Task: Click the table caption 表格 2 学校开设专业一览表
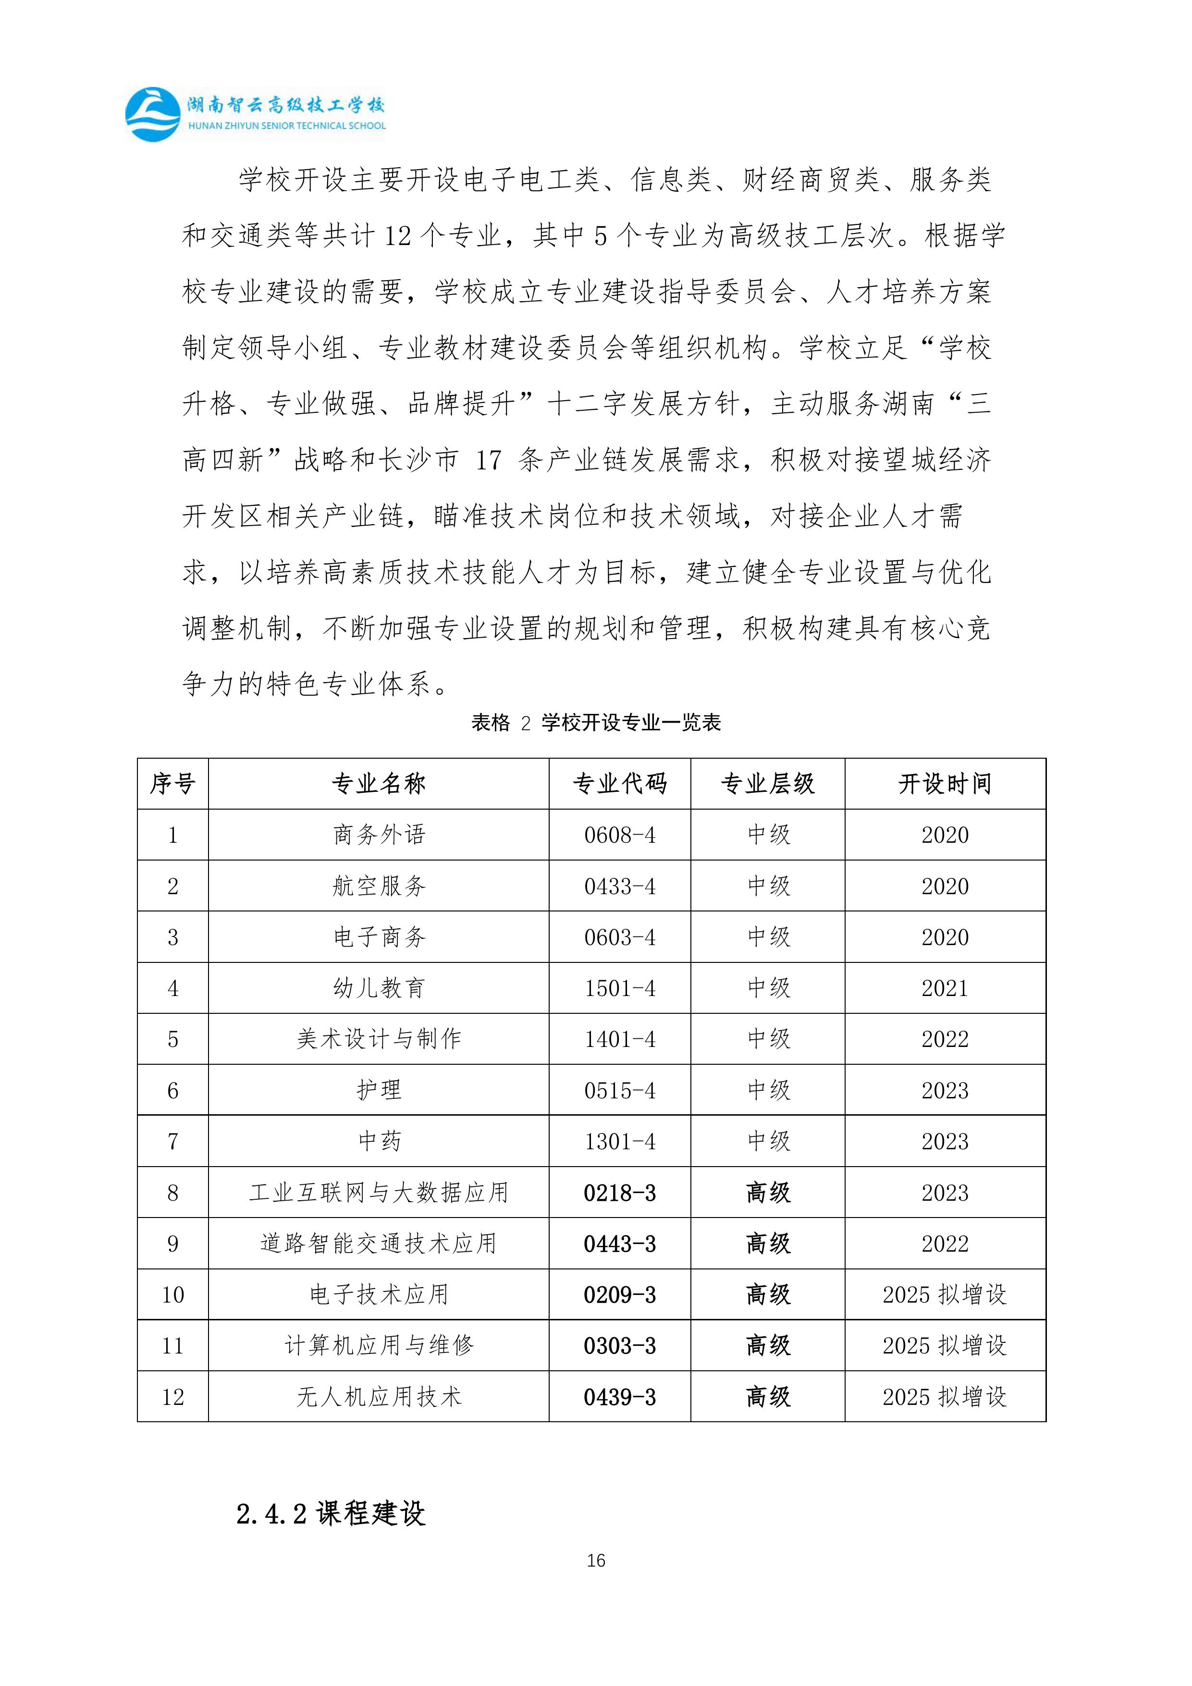(596, 723)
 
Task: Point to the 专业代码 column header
(619, 784)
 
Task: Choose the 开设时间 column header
(945, 784)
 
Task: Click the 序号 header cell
(172, 784)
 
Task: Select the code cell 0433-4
(619, 886)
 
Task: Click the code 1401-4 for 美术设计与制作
(619, 1039)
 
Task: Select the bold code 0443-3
(619, 1244)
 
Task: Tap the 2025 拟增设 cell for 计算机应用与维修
(945, 1346)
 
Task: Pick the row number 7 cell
(172, 1141)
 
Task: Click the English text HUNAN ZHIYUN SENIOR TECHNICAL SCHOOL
(286, 125)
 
